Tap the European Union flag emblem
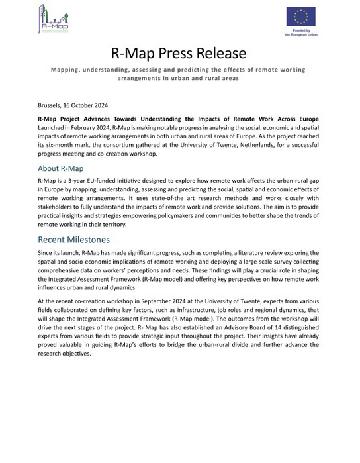coord(300,17)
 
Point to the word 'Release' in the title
coord(222,53)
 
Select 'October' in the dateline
coord(85,105)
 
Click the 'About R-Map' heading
coord(61,168)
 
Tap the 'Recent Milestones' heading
coord(73,239)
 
